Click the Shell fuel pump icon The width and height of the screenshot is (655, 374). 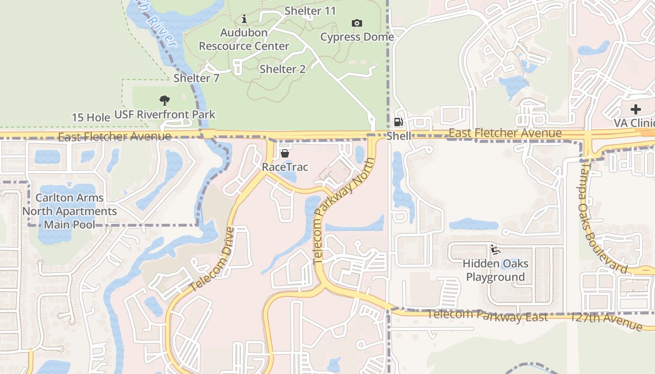point(398,122)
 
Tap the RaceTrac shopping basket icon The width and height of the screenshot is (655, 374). point(284,153)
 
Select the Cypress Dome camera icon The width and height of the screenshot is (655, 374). point(357,23)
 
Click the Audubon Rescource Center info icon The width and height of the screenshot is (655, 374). point(244,19)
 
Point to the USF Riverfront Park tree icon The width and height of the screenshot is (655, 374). point(164,100)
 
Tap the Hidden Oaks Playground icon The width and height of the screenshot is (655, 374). point(495,250)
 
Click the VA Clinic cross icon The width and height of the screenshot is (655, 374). point(635,109)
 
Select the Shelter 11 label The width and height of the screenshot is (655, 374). point(310,11)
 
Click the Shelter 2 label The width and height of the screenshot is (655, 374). point(283,69)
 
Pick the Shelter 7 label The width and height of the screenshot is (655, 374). point(196,78)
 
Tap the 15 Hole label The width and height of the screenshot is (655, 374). point(91,117)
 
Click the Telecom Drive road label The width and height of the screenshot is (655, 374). point(211,259)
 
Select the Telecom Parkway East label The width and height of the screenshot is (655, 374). point(487,316)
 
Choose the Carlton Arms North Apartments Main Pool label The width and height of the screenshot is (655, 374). point(70,211)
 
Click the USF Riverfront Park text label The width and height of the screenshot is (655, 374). point(165,115)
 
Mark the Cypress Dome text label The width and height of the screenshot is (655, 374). point(357,37)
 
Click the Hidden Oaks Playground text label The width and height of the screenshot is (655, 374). point(495,270)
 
